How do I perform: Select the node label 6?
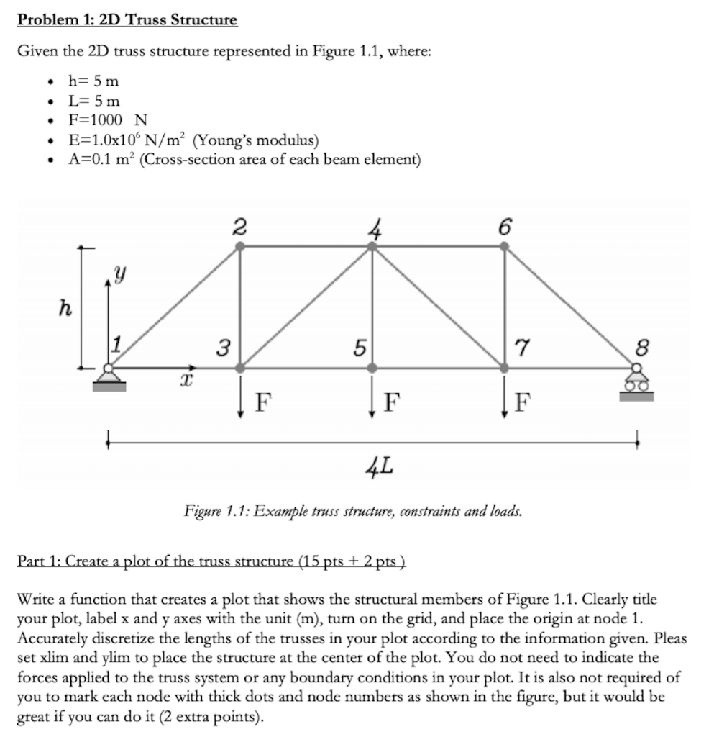[x=505, y=227]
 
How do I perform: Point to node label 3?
[x=224, y=349]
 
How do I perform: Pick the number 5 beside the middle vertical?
[x=357, y=349]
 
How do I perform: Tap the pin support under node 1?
[x=109, y=378]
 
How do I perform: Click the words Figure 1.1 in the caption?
[x=213, y=512]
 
